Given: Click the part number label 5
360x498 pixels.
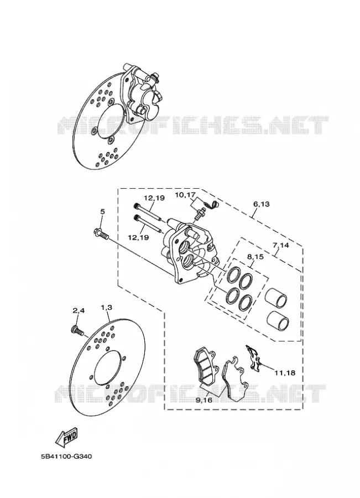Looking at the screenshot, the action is tap(102, 212).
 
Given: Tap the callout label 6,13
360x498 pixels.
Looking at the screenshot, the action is tap(261, 204).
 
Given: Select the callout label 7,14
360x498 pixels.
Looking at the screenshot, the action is tap(280, 246).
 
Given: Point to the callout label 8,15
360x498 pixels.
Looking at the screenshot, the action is tap(255, 257).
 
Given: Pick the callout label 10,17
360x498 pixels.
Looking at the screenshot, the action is tap(186, 195).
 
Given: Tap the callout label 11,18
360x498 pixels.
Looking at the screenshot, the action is tap(285, 373).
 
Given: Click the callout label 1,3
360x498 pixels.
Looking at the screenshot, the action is tap(106, 308).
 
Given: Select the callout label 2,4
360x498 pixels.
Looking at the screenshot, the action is tap(79, 311).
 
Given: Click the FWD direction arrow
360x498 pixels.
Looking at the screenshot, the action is tap(66, 436).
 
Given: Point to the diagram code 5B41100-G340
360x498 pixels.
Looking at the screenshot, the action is tap(66, 456).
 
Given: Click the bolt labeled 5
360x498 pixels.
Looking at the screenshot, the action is tap(101, 234).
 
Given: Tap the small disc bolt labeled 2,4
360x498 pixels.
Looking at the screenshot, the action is tap(78, 331).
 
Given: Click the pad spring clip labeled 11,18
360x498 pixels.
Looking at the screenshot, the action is tap(253, 358).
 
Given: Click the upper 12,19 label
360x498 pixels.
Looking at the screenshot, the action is tap(154, 198).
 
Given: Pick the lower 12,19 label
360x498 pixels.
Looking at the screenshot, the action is tap(138, 237).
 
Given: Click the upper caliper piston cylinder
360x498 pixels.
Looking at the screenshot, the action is tap(276, 298).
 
